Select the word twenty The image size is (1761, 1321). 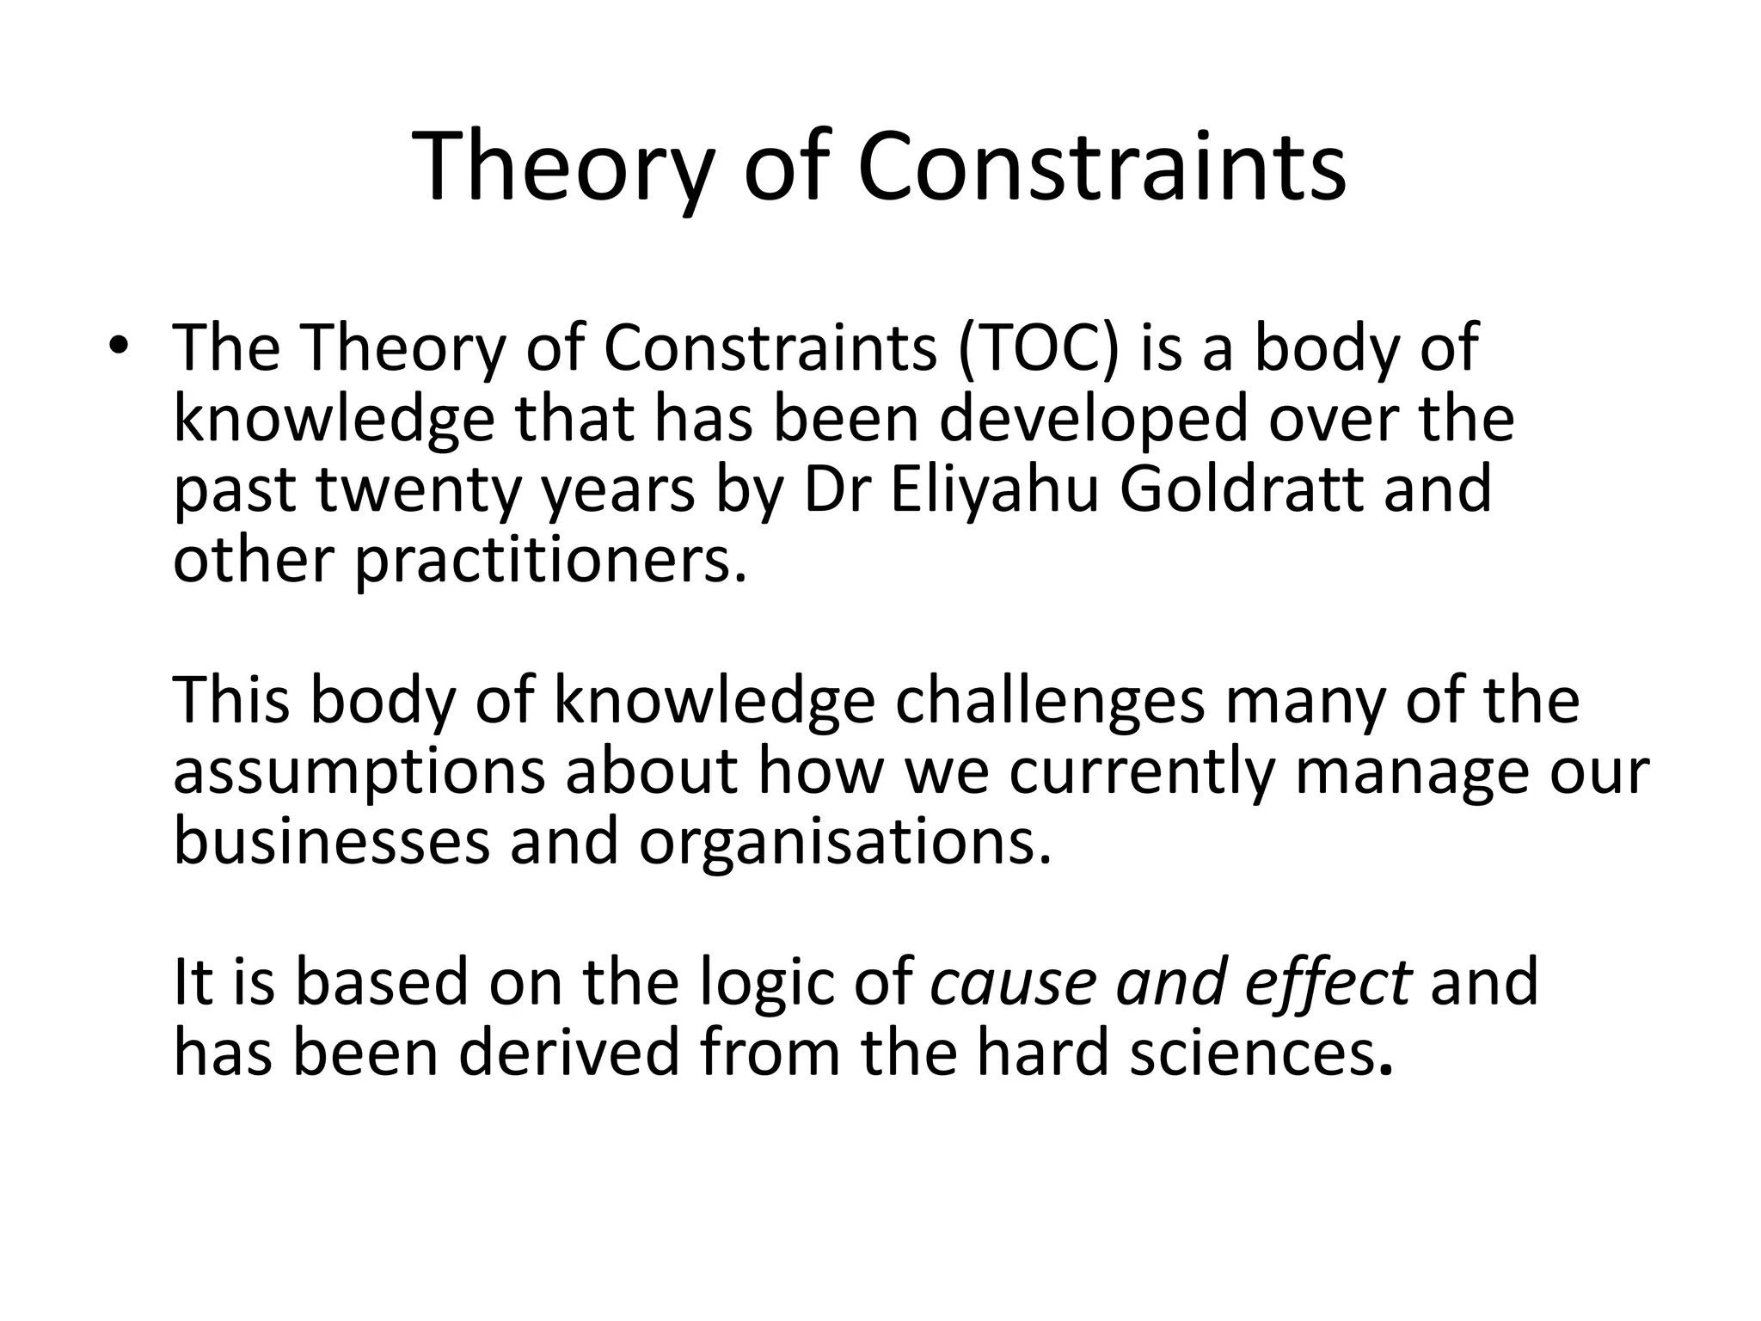tap(419, 489)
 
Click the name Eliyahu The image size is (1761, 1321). tap(995, 489)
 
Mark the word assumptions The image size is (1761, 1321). tap(359, 771)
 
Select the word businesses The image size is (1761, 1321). tap(331, 840)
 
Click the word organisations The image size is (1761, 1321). tap(844, 842)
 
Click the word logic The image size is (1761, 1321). tap(766, 981)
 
